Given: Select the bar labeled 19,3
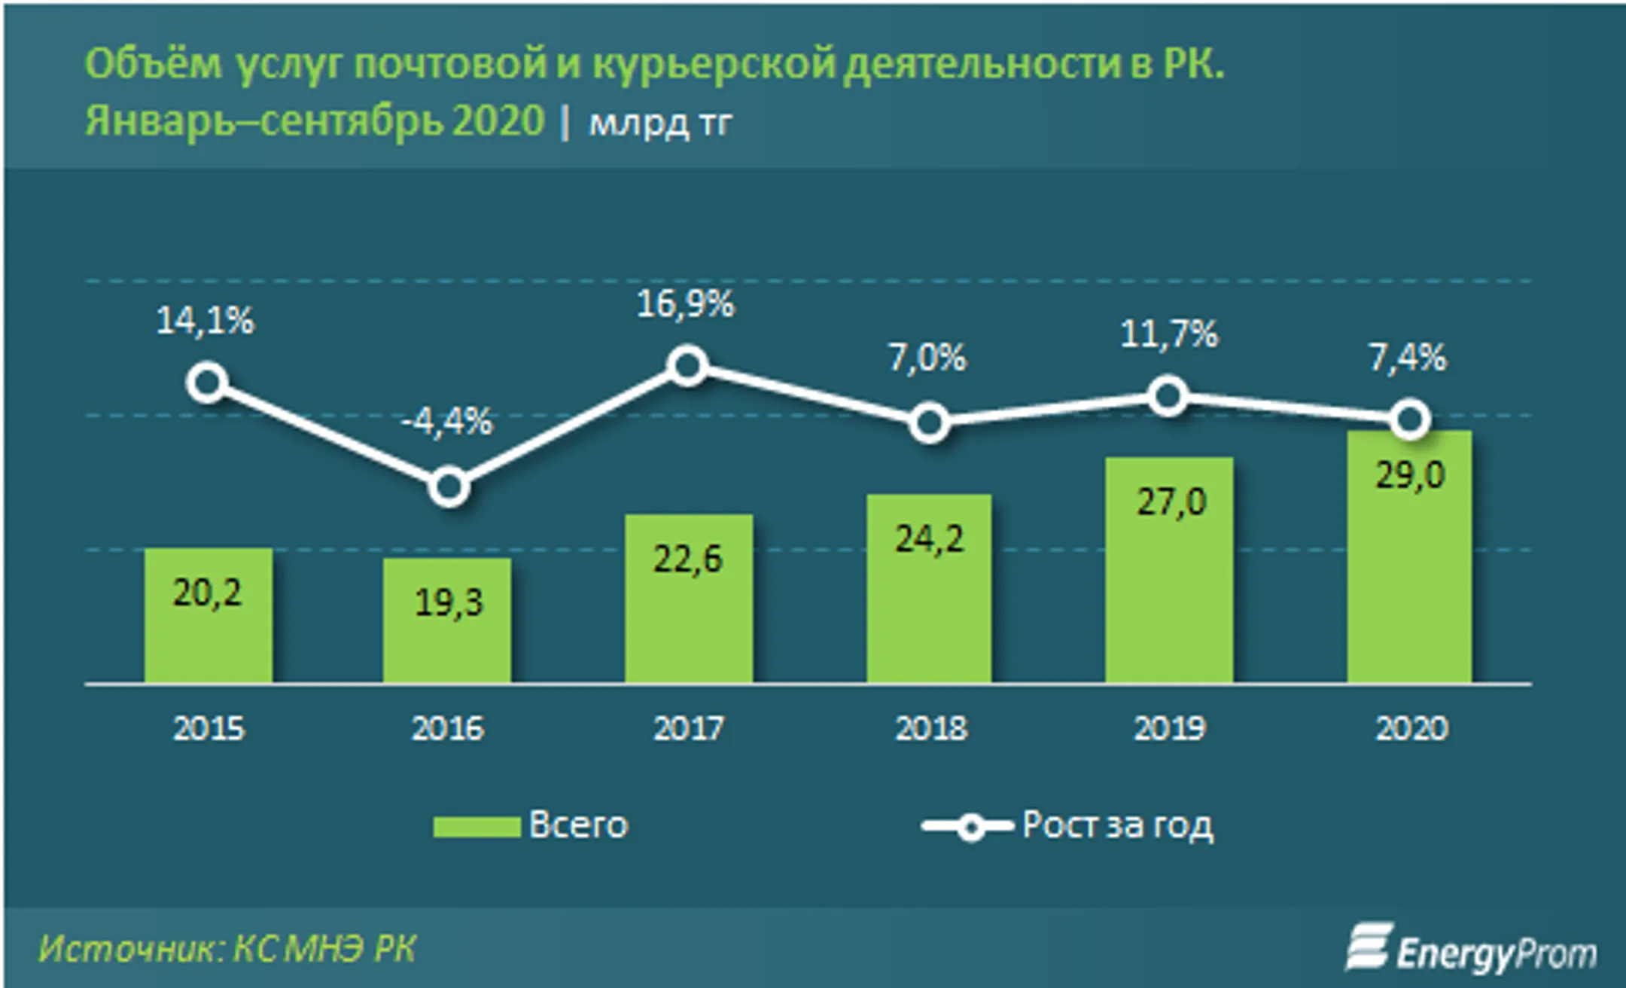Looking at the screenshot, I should pyautogui.click(x=447, y=621).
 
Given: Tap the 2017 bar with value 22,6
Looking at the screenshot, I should pyautogui.click(x=688, y=599).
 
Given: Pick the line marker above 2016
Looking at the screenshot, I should pyautogui.click(x=449, y=487).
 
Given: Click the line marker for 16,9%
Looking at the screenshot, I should pyautogui.click(x=687, y=366).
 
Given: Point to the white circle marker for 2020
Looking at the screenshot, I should pyautogui.click(x=1409, y=419).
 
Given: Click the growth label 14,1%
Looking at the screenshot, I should pyautogui.click(x=205, y=321).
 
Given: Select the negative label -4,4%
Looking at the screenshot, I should pyautogui.click(x=447, y=422).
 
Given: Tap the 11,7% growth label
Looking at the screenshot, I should pyautogui.click(x=1168, y=334).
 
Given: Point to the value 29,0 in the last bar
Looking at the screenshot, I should pyautogui.click(x=1410, y=475).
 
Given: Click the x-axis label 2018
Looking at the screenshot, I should pyautogui.click(x=930, y=728).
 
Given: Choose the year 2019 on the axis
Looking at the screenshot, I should pyautogui.click(x=1170, y=728).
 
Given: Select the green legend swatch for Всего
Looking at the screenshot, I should pyautogui.click(x=477, y=826).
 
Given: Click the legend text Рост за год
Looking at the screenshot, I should pyautogui.click(x=1117, y=825).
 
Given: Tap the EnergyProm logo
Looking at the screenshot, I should pyautogui.click(x=1471, y=950).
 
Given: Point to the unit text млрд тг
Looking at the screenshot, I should pyautogui.click(x=660, y=122).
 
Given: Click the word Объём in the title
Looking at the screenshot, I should pyautogui.click(x=154, y=65).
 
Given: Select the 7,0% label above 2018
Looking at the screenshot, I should pyautogui.click(x=927, y=357).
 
